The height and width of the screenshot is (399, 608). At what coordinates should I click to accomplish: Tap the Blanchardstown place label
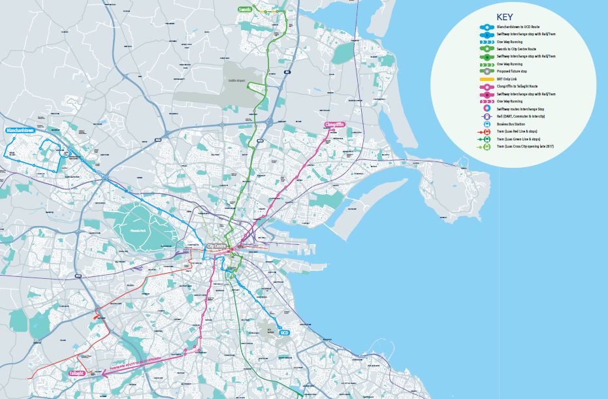(20, 131)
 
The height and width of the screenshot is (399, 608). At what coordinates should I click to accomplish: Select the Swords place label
(244, 10)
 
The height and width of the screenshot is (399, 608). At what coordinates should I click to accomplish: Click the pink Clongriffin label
(334, 124)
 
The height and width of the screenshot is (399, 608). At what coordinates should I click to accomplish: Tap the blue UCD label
(283, 333)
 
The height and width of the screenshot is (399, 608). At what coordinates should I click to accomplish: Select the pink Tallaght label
(76, 374)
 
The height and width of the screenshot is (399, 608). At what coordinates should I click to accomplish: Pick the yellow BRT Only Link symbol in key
(487, 78)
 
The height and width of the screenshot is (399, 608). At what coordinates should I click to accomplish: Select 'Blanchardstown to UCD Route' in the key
(519, 27)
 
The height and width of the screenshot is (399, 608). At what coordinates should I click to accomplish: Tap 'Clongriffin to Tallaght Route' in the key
(519, 86)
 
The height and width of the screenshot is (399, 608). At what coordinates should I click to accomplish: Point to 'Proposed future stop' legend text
(514, 71)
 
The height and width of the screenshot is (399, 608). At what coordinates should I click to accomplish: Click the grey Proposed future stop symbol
(487, 71)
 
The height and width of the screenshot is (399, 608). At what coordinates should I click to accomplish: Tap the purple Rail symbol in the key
(487, 116)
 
